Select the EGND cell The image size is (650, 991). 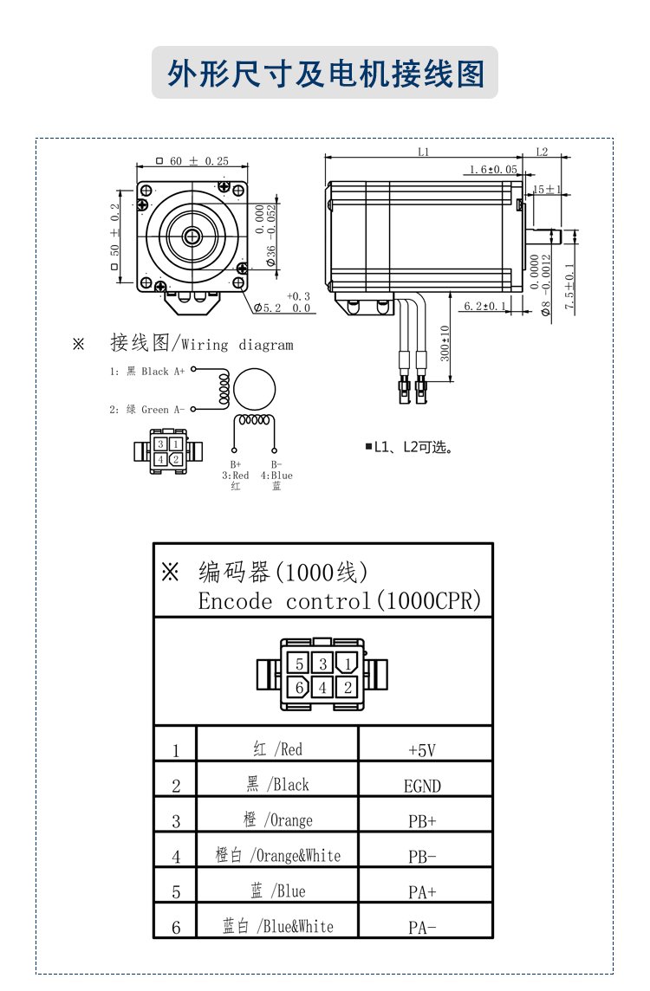(425, 786)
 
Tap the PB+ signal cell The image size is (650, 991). (425, 820)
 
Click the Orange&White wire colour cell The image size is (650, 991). (277, 856)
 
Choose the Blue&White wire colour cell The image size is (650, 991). (277, 926)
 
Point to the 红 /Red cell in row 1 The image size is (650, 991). (277, 749)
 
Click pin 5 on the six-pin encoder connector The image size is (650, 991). (299, 664)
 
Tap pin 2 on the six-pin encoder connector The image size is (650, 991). (348, 688)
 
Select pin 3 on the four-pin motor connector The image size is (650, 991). (161, 444)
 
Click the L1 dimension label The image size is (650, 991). (424, 152)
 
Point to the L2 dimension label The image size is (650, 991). (542, 152)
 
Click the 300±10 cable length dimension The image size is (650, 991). (445, 344)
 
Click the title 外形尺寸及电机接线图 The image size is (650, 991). (325, 74)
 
